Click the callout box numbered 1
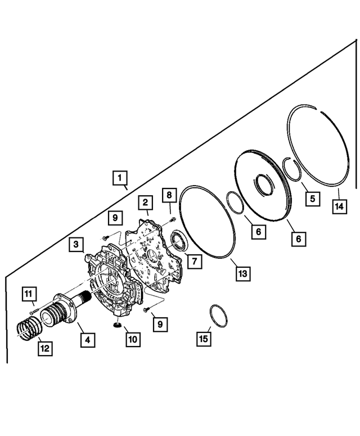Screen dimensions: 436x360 118,178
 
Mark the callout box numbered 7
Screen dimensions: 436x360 193,261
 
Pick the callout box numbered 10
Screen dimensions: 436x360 133,340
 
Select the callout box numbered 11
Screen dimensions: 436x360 29,293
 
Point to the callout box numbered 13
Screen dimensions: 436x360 242,273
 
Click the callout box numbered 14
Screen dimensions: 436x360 339,206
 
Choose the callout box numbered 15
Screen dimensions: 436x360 203,338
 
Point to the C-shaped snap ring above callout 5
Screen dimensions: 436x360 293,168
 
